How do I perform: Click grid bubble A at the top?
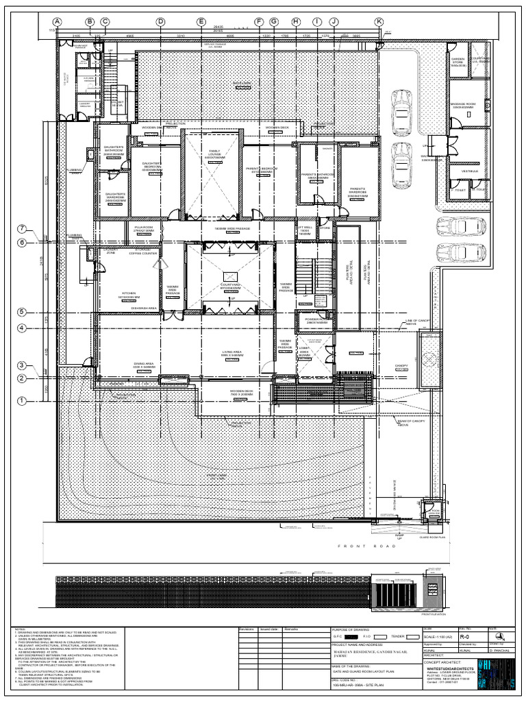(x=58, y=22)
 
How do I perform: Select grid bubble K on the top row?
(x=379, y=22)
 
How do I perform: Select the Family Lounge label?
(x=214, y=153)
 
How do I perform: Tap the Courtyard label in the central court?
(x=229, y=287)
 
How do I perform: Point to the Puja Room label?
(x=142, y=228)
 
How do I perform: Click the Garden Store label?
(x=458, y=62)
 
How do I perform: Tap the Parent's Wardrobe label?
(x=358, y=192)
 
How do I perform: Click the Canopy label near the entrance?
(x=401, y=366)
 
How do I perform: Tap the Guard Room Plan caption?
(x=433, y=539)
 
